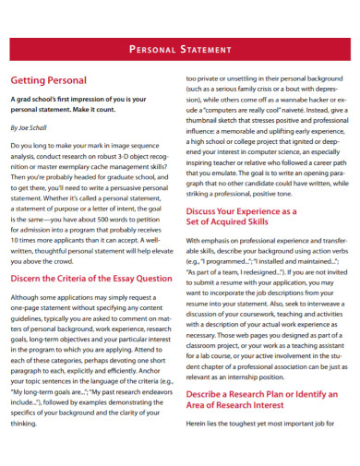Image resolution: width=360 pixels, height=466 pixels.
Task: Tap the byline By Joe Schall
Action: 32,128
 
